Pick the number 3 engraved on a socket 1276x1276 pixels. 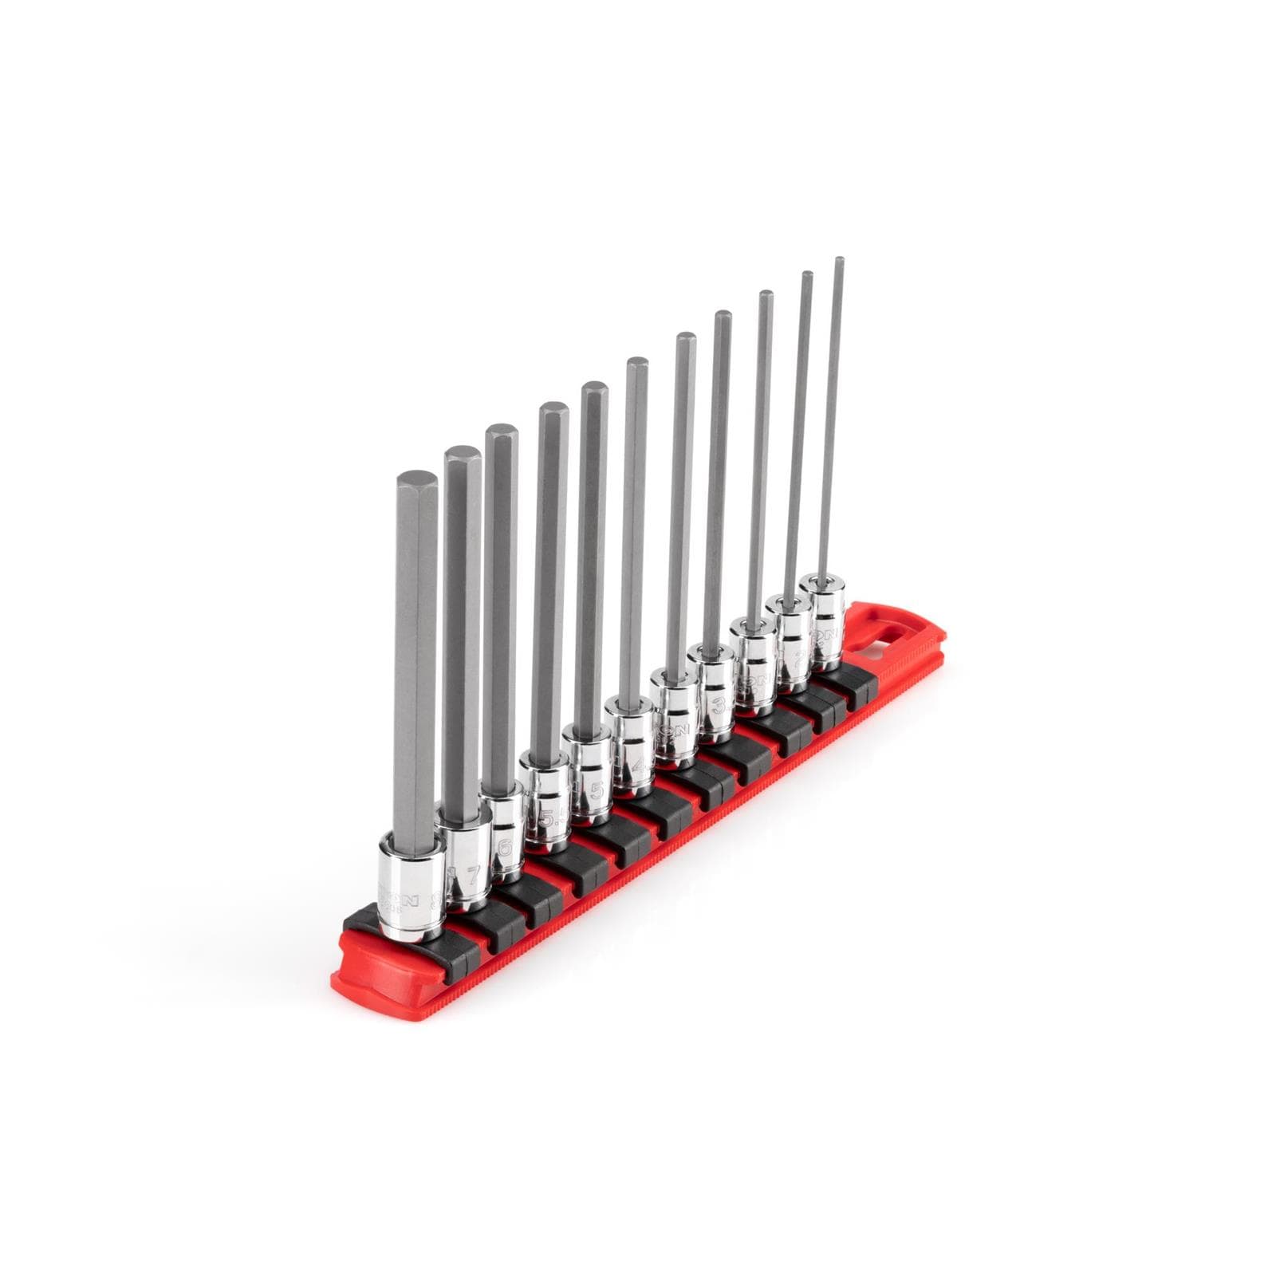718,706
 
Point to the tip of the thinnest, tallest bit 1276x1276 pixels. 838,260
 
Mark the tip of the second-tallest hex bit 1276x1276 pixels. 806,277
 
